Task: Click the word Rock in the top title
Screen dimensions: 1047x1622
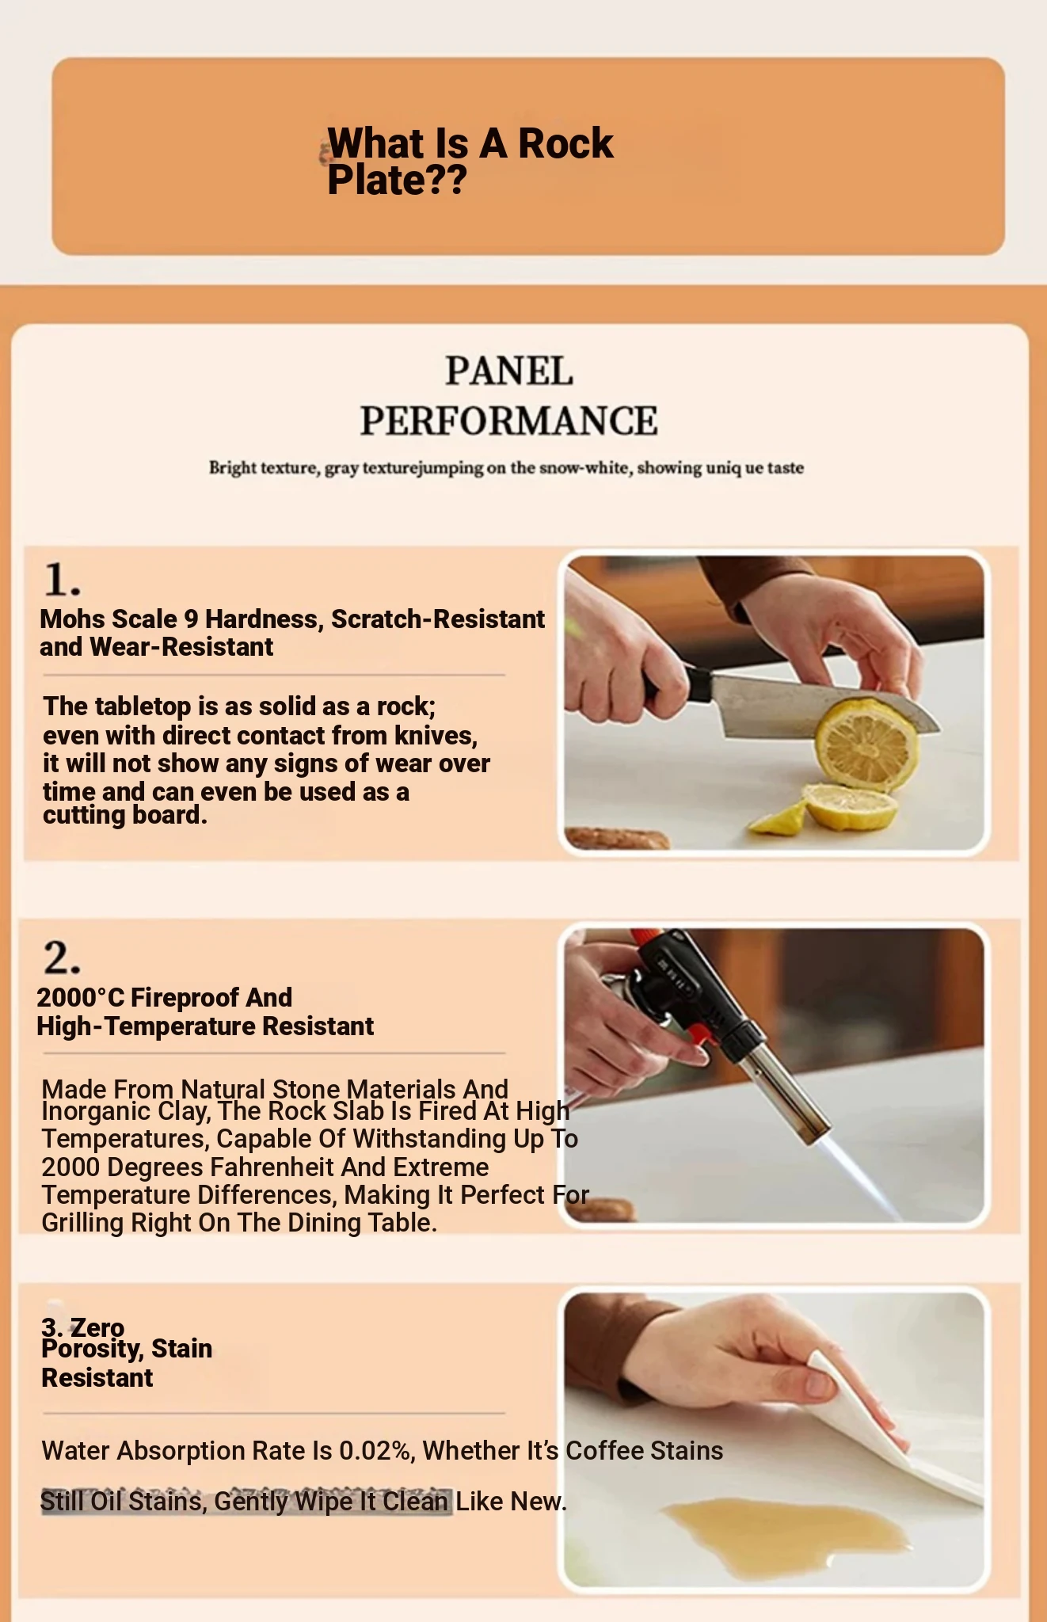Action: point(565,143)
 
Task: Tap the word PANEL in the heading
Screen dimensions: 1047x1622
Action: point(508,371)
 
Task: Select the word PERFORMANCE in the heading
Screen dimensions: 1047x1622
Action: point(508,421)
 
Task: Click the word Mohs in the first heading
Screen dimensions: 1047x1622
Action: point(69,619)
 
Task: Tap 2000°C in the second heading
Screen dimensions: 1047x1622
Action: point(80,997)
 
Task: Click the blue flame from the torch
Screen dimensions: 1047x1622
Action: point(863,1176)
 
